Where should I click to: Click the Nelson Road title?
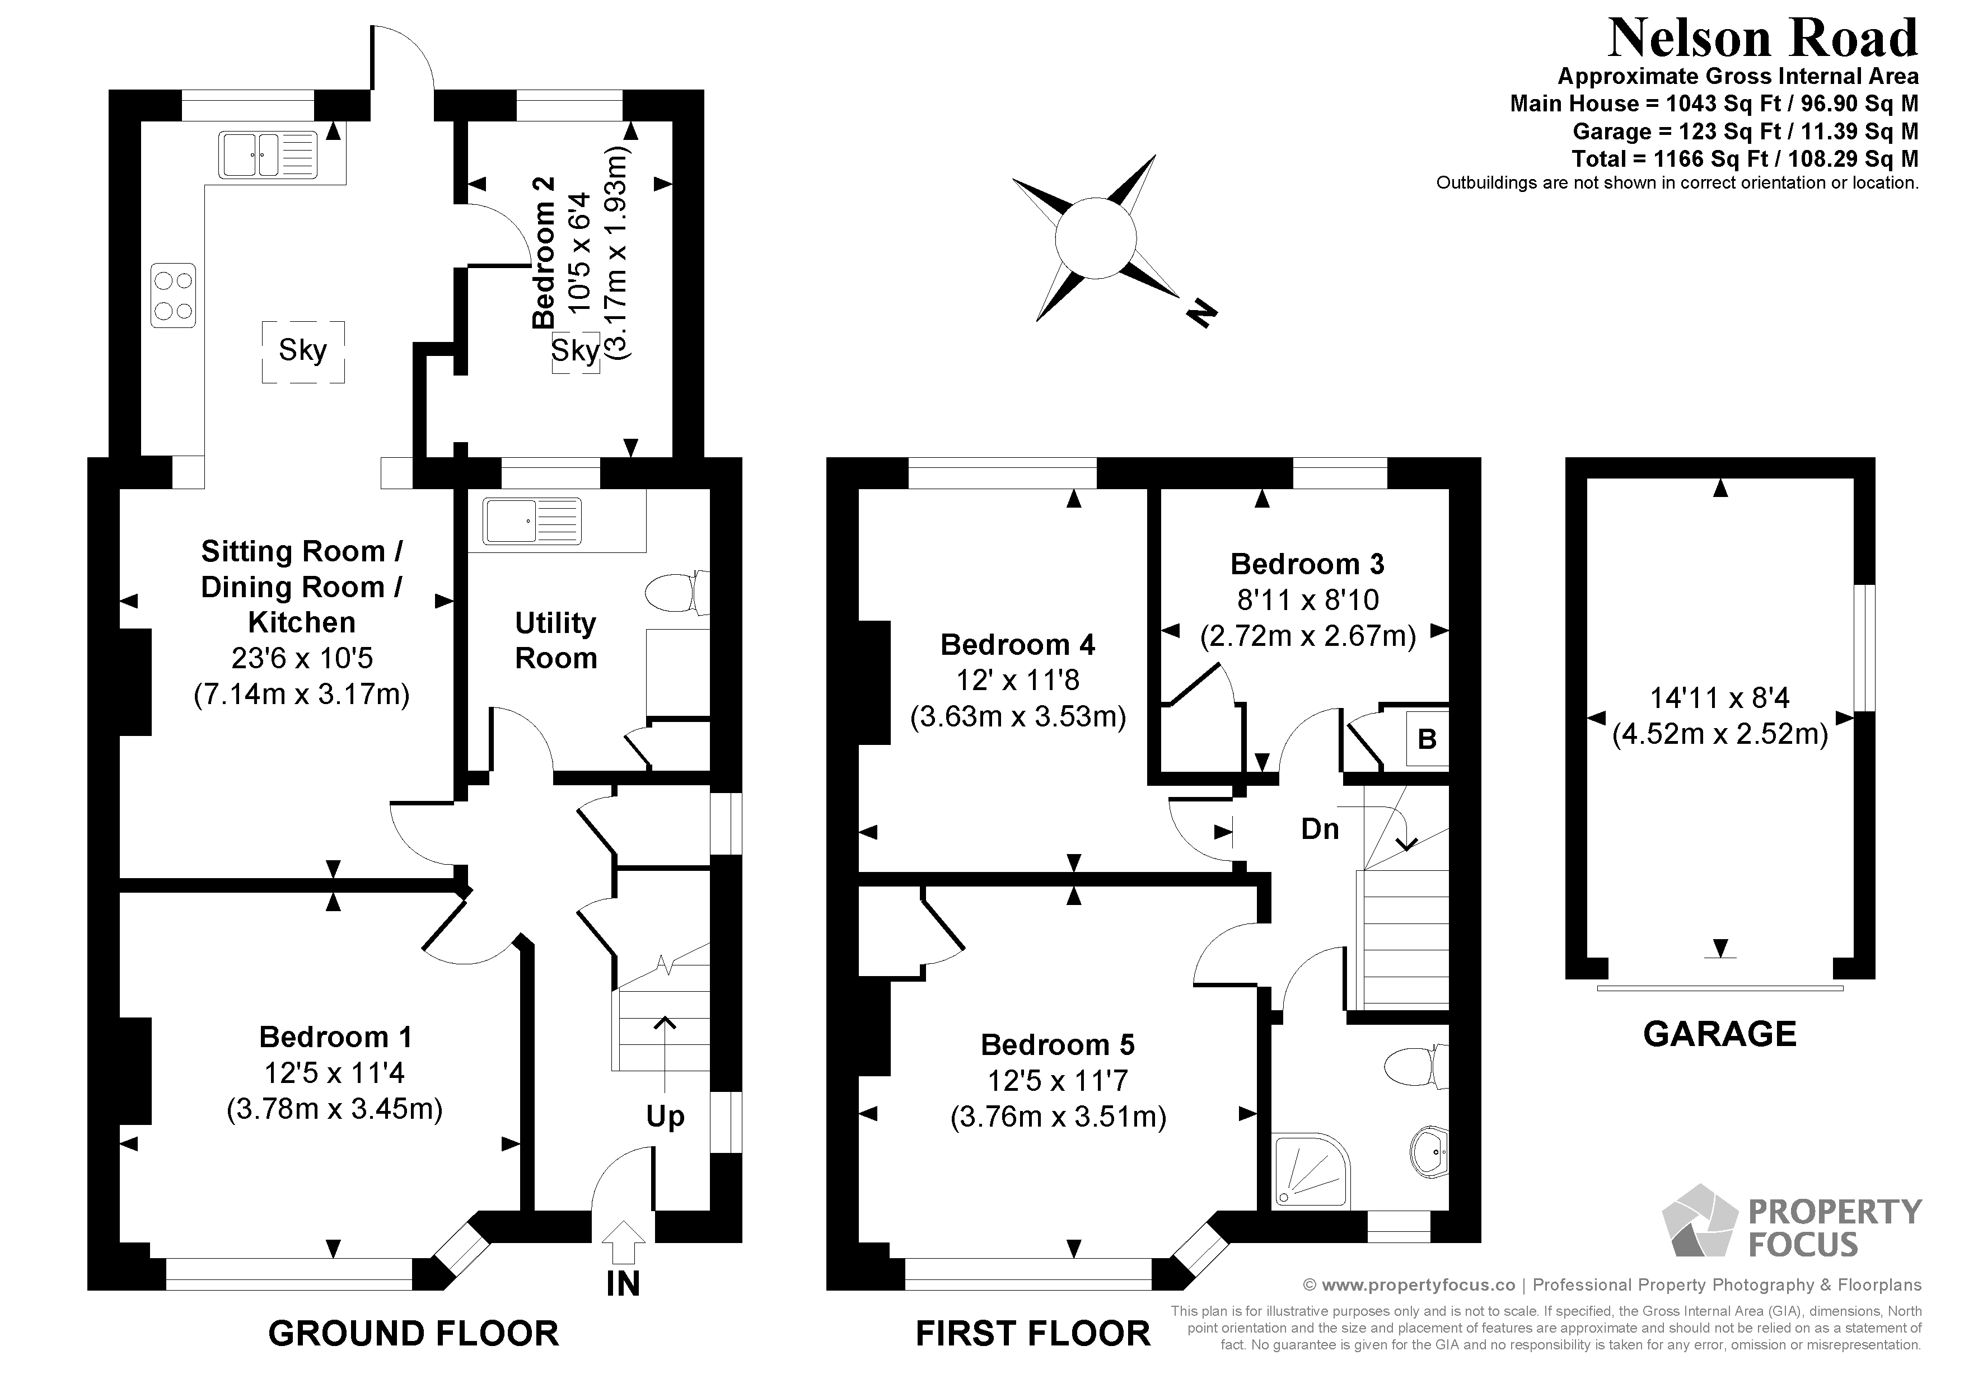[1762, 39]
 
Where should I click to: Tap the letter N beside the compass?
[1202, 314]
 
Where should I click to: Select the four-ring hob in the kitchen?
[173, 295]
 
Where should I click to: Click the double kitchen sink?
[268, 155]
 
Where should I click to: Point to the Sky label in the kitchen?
[303, 350]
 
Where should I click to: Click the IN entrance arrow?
[624, 1242]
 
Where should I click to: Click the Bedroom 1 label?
[335, 1038]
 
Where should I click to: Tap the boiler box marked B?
[1427, 739]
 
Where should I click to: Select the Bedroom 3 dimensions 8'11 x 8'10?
[1307, 601]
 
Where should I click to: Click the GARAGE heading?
[1719, 1034]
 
